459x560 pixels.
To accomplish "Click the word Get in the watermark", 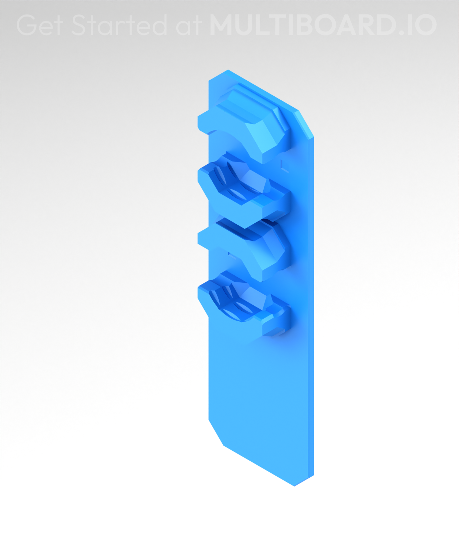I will point(39,25).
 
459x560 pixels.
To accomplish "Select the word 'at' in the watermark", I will point(189,26).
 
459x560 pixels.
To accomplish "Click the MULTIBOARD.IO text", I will point(323,25).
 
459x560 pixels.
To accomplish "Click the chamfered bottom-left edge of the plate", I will point(216,433).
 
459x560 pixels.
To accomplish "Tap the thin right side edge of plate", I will point(311,307).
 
